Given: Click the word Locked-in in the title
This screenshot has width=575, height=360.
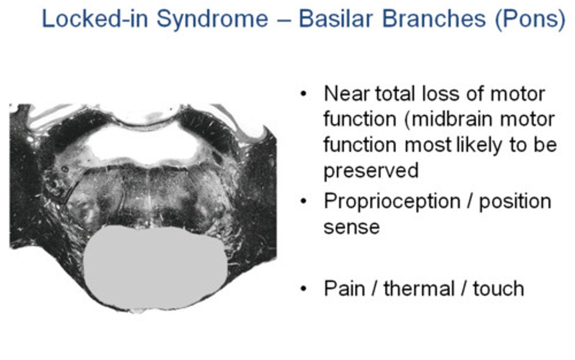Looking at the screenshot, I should coord(95,19).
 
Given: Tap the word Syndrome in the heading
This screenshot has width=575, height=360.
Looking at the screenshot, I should coord(212,19).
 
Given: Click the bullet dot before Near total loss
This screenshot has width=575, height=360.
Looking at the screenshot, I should coord(303,94).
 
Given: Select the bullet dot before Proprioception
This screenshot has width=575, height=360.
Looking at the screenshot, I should coord(303,201).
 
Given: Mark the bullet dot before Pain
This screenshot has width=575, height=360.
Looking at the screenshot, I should coord(303,288).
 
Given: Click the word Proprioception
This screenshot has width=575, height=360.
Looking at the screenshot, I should coord(392,201).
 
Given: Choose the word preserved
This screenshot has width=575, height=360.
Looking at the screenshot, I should coord(371,170).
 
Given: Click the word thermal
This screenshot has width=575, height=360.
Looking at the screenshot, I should coord(419,288).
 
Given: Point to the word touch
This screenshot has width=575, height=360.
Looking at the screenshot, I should coord(498,288).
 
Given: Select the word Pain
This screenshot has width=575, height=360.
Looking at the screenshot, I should coord(344,288).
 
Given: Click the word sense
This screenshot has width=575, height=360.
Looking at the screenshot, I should coord(351,227).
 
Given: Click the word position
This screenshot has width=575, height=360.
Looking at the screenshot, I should coord(515,201).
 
